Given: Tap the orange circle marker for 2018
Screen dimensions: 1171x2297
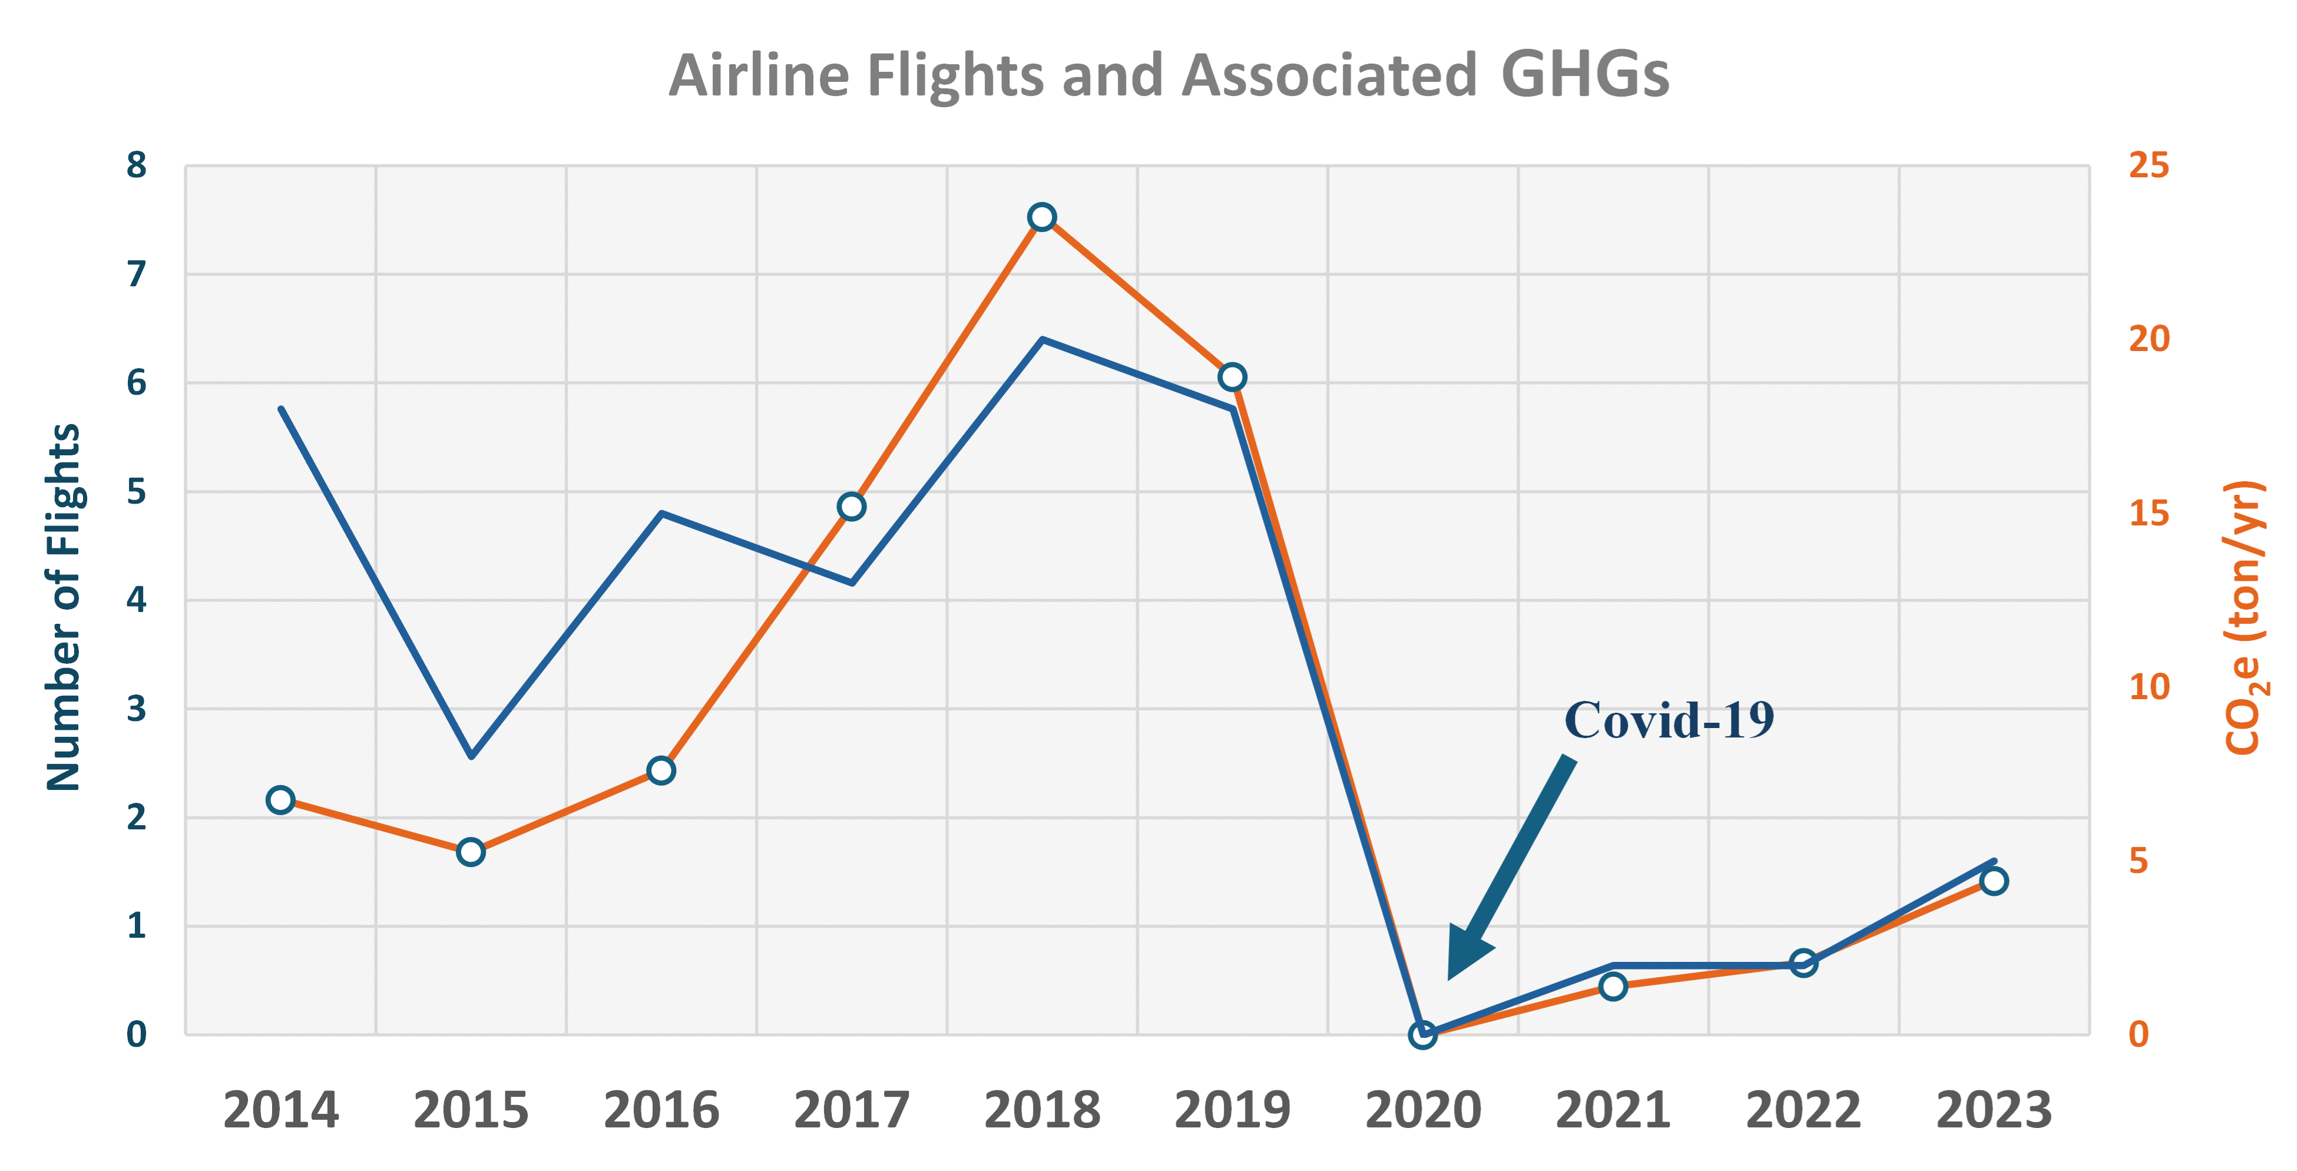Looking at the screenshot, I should pyautogui.click(x=1041, y=217).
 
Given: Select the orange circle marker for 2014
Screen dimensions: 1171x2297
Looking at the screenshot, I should pyautogui.click(x=280, y=800).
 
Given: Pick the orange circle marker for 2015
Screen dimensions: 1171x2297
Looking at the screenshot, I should pyautogui.click(x=471, y=852).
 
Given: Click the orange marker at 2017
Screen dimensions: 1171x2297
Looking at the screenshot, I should pyautogui.click(x=852, y=507).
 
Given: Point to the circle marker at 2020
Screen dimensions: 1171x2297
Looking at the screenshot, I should pyautogui.click(x=1422, y=1034).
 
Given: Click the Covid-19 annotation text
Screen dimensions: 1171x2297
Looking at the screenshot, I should pyautogui.click(x=1669, y=720).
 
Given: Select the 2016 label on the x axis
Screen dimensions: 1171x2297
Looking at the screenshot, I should pyautogui.click(x=661, y=1110).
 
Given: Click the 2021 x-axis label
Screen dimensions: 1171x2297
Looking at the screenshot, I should pyautogui.click(x=1612, y=1110).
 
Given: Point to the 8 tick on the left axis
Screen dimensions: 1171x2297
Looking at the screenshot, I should pyautogui.click(x=137, y=166).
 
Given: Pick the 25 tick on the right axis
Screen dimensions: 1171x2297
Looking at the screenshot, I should pyautogui.click(x=2149, y=166).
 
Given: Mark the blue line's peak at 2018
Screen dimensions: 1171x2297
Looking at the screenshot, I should pyautogui.click(x=1041, y=340).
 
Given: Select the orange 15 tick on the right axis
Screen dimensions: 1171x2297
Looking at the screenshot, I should pyautogui.click(x=2149, y=514).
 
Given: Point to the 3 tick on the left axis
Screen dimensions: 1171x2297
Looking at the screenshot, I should pyautogui.click(x=137, y=710).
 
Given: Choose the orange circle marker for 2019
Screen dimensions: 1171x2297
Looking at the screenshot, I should pyautogui.click(x=1232, y=377).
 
